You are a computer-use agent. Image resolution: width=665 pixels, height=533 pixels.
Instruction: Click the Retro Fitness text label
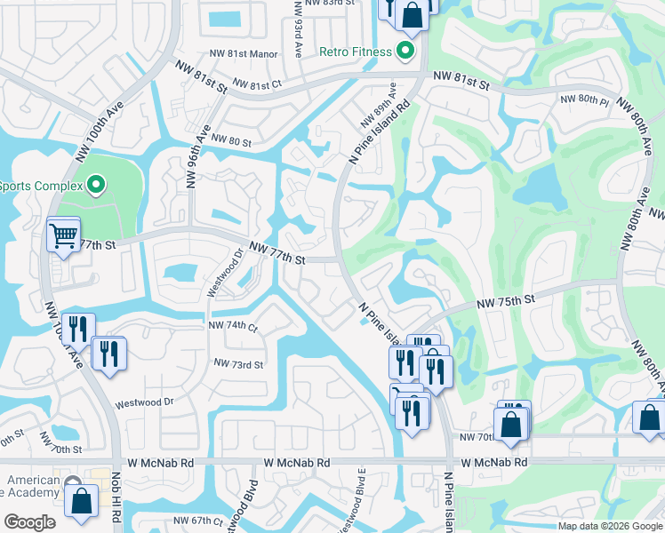point(356,52)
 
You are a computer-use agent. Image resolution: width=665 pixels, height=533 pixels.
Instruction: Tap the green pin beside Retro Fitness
point(406,51)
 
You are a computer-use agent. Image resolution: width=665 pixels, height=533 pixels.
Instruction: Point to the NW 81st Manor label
point(240,53)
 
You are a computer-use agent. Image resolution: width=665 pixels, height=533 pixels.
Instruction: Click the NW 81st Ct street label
point(257,84)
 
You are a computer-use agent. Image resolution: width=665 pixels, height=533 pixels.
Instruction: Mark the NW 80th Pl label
point(583,99)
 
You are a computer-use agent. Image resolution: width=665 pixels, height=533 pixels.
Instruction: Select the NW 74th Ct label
point(233,326)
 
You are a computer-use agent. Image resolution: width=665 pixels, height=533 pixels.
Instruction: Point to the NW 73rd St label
point(238,364)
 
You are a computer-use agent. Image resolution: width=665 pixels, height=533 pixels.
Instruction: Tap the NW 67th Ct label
point(196,521)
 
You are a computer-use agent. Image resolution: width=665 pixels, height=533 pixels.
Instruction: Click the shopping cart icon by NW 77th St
point(64,235)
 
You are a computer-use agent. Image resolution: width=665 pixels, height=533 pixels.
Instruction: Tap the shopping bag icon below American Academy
point(81,500)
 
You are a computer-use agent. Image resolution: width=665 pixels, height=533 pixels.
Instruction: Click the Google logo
point(29,522)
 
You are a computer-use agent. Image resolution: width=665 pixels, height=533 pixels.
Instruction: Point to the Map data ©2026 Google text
point(610,526)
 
